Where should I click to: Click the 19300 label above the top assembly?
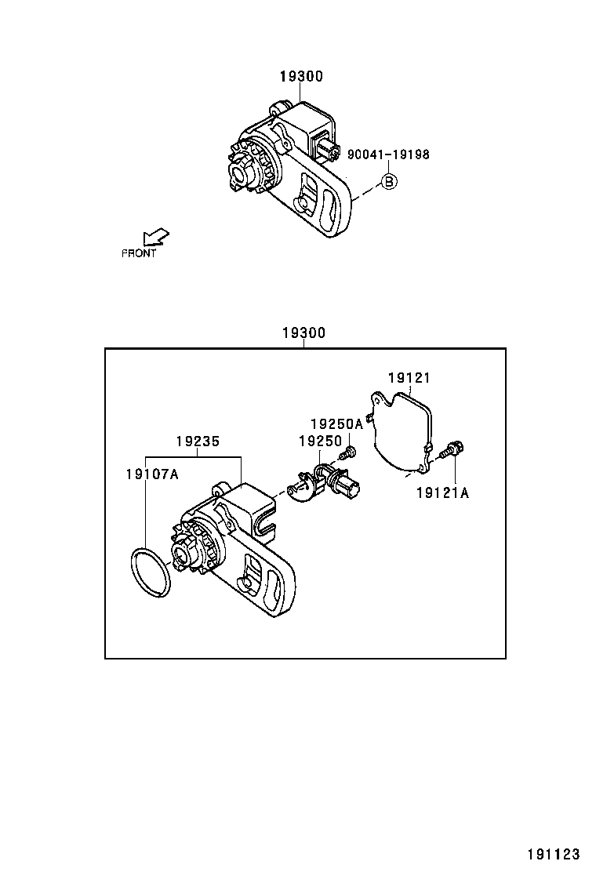pos(301,76)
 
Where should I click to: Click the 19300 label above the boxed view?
pos(303,332)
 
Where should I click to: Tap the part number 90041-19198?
pos(388,154)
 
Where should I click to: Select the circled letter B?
pos(389,182)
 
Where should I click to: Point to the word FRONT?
pos(139,253)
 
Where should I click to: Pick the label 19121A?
pos(442,492)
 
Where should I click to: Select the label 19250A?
pos(336,423)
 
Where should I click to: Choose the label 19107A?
pos(152,474)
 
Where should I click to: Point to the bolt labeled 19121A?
pos(452,451)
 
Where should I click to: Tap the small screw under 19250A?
pos(349,452)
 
